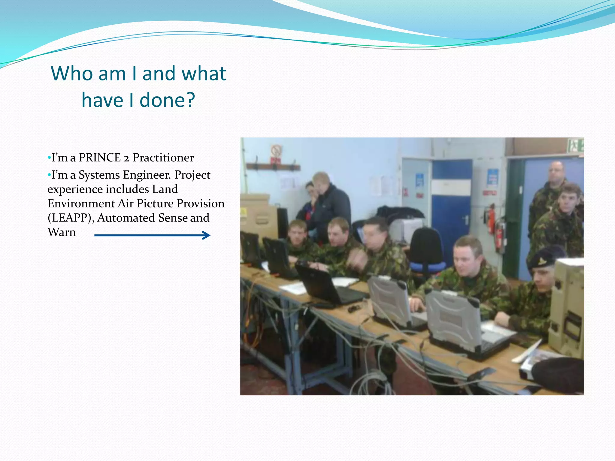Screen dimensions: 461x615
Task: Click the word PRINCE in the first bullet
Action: click(99, 158)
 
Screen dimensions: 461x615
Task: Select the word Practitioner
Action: click(163, 158)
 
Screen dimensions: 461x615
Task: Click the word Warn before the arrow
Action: click(62, 232)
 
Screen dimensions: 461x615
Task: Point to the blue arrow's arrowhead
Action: click(207, 235)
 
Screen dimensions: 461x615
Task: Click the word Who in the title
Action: click(72, 74)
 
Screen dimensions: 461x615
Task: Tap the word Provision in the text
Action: click(200, 203)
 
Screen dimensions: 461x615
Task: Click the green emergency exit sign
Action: click(576, 145)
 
